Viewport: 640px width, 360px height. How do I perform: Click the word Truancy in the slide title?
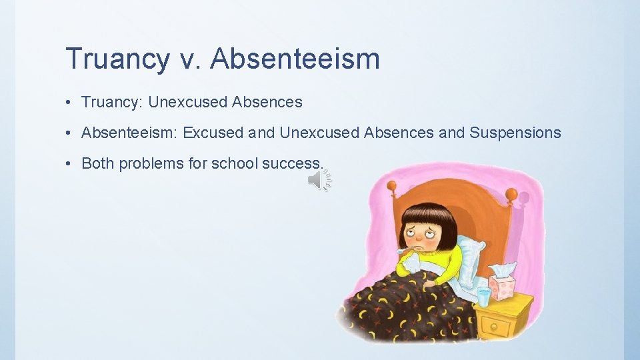(117, 59)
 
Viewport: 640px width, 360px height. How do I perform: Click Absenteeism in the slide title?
(295, 59)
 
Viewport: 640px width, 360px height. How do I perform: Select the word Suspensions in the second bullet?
(515, 133)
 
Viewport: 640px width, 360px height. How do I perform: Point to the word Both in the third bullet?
(98, 163)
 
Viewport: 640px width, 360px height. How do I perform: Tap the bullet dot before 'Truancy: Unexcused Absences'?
(70, 103)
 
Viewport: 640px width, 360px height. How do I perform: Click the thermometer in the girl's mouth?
(403, 251)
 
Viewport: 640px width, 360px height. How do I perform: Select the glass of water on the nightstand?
(483, 295)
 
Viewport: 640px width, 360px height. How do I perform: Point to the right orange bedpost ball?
(511, 194)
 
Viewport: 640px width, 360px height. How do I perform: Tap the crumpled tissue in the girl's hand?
(410, 264)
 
